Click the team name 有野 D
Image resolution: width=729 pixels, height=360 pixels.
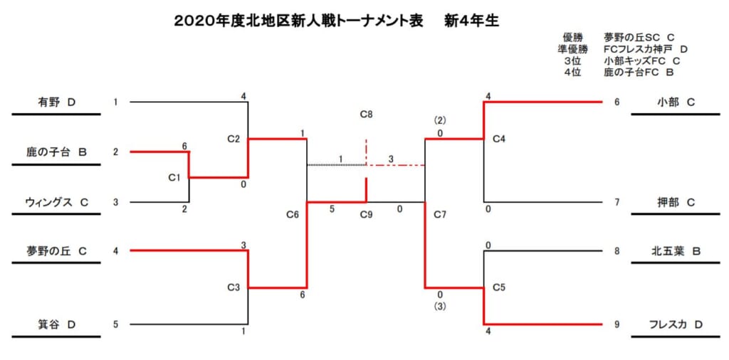coord(57,102)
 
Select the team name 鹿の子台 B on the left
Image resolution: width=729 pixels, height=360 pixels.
coord(57,152)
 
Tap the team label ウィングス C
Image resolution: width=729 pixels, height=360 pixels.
coord(57,202)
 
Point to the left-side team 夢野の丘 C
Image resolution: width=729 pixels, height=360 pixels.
coord(57,250)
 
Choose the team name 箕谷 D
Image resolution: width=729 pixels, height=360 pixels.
coord(57,324)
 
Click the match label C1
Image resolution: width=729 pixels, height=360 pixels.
coord(174,177)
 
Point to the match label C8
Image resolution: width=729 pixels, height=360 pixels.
coord(366,114)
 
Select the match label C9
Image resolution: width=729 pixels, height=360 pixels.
coord(366,213)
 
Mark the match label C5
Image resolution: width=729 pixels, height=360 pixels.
coord(499,288)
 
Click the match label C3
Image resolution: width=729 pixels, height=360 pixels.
coord(233,288)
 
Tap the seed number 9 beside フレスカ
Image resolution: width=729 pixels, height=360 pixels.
coord(617,324)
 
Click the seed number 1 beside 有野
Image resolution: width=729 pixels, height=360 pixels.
coord(115,102)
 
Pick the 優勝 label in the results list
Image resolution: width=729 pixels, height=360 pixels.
coord(572,37)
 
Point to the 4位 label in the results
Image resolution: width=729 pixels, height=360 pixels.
coord(572,72)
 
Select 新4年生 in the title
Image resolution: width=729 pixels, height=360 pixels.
coord(471,21)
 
